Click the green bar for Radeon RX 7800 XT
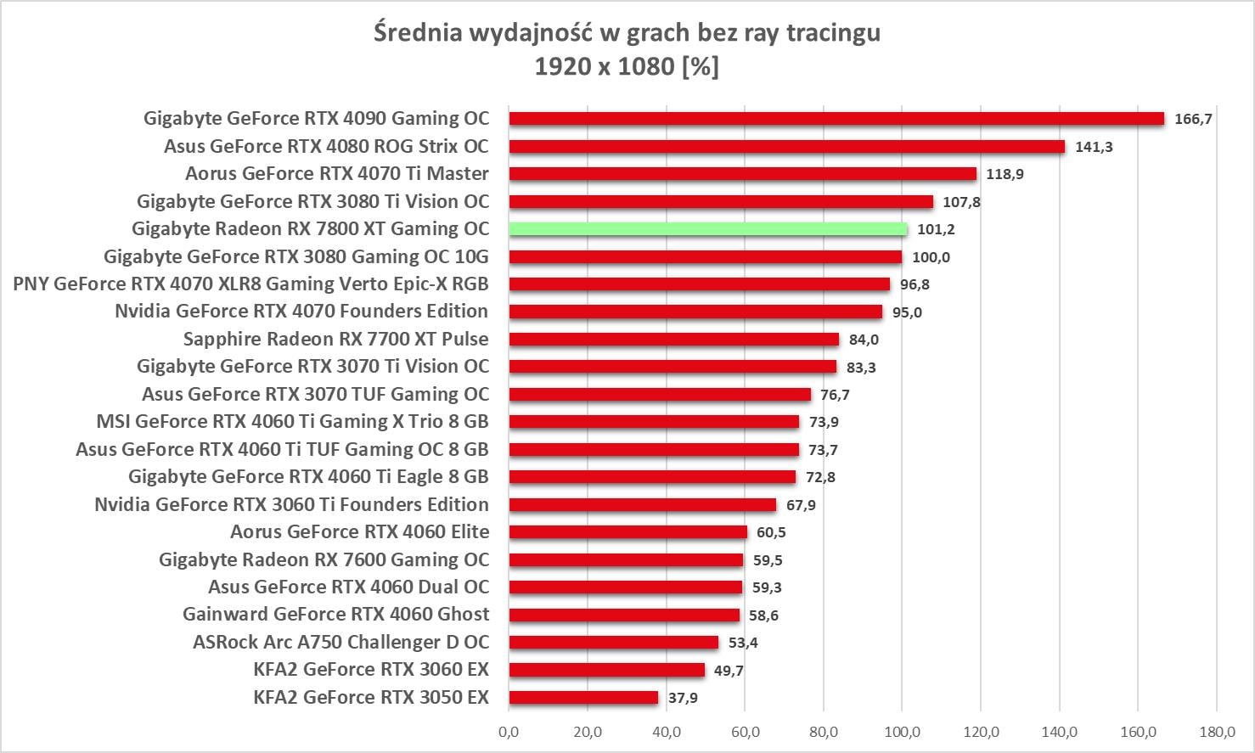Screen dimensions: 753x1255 tap(707, 229)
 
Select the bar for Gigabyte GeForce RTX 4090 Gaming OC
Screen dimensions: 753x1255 tap(836, 119)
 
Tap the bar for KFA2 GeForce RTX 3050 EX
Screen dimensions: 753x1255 tap(583, 698)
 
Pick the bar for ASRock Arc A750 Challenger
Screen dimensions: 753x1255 tap(613, 643)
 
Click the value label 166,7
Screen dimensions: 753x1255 tap(1193, 119)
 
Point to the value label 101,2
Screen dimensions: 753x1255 tap(936, 229)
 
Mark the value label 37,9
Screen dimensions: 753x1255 tap(683, 698)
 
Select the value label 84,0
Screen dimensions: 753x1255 tap(864, 340)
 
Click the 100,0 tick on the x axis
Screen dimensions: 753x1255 tap(902, 732)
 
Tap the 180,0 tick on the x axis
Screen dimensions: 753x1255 tap(1217, 732)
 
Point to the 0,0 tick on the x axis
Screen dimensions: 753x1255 tap(509, 732)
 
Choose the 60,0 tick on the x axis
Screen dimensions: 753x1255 tap(745, 732)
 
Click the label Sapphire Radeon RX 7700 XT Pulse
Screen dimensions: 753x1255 tap(335, 340)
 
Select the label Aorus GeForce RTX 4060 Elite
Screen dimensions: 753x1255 tap(359, 532)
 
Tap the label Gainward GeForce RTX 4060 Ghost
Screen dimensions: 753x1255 tap(335, 615)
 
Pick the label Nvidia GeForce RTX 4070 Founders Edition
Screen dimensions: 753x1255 tap(301, 312)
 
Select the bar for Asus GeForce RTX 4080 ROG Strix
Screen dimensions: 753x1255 tap(786, 147)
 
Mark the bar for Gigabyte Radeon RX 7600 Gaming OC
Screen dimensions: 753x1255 tap(626, 560)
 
